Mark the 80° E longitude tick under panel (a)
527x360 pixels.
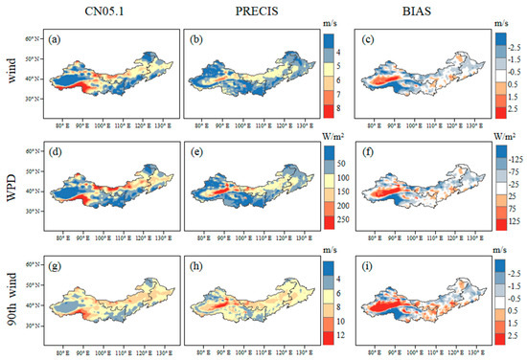(x=65, y=122)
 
